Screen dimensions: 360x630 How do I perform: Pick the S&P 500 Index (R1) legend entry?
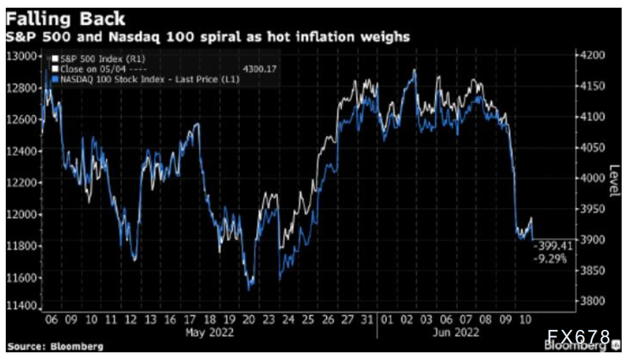96,58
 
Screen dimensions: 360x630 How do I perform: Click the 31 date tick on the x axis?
366,319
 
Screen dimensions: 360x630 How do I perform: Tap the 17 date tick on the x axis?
189,319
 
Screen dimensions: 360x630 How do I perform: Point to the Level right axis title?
615,182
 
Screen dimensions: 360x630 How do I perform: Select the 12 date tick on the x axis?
130,319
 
